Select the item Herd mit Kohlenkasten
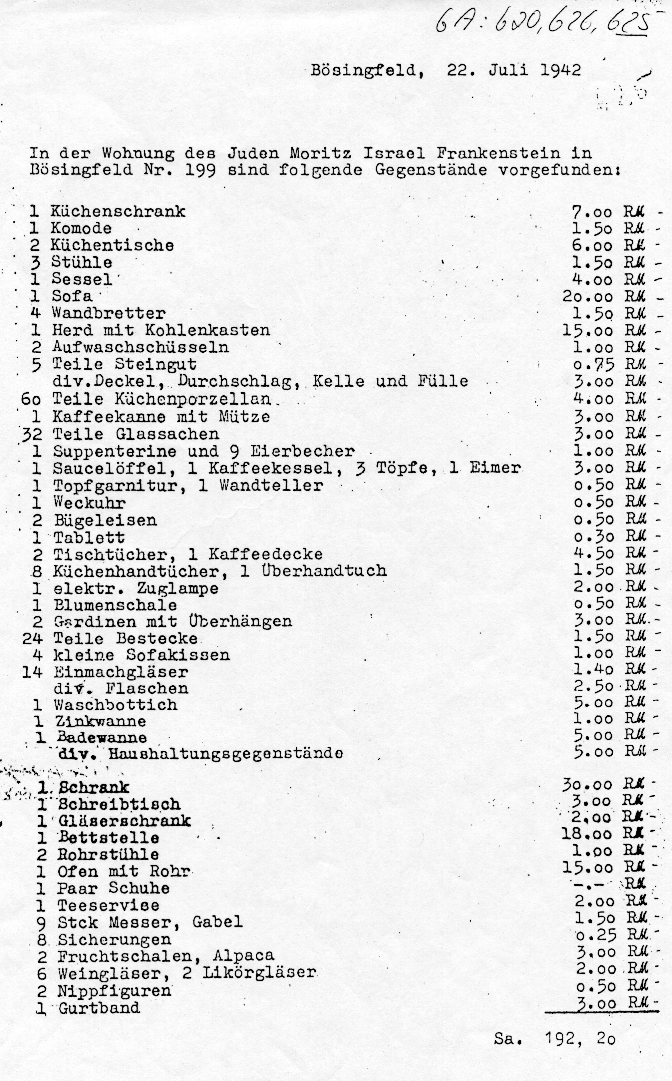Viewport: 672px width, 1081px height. click(161, 331)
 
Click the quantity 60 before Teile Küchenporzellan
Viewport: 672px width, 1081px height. click(31, 399)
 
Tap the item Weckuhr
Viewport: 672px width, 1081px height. click(89, 503)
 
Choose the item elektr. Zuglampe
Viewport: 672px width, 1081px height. click(136, 588)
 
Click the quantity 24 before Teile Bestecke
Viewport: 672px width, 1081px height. click(32, 639)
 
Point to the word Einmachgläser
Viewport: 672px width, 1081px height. click(121, 672)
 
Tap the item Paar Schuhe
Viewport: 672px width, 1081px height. click(113, 889)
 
